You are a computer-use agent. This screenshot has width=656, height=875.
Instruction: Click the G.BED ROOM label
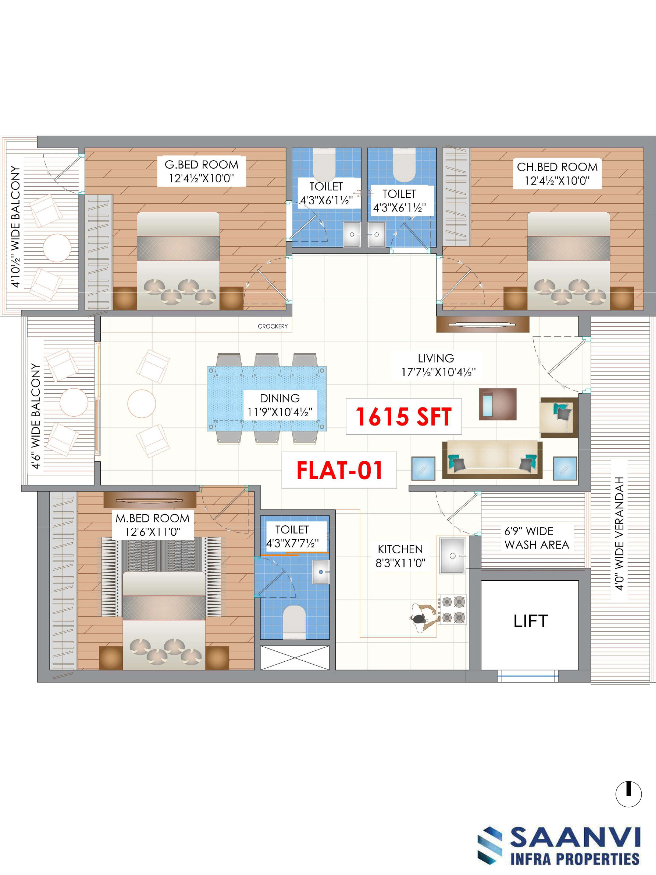(201, 164)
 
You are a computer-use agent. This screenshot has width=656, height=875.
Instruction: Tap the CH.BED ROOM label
(557, 167)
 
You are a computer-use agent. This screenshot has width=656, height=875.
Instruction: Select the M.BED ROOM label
(153, 518)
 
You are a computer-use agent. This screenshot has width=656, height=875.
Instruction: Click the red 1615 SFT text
(403, 417)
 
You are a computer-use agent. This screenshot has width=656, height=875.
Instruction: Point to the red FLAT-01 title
(339, 470)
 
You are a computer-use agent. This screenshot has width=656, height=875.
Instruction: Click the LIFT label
(531, 621)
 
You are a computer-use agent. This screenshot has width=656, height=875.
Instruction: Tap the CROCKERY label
(273, 326)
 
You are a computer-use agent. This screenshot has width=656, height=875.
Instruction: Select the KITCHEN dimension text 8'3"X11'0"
(400, 563)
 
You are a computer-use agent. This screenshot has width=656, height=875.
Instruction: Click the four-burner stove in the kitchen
(453, 609)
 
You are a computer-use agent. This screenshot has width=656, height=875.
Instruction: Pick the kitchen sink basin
(453, 555)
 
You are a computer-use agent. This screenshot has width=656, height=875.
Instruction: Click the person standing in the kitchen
(424, 618)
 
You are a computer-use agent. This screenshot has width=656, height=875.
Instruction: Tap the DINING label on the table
(279, 398)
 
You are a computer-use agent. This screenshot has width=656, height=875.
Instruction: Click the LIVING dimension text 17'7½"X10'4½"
(438, 372)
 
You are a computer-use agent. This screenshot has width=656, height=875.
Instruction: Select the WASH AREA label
(536, 545)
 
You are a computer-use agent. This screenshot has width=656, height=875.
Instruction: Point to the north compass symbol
(628, 794)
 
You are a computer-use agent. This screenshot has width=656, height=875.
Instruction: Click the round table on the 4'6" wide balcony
(74, 402)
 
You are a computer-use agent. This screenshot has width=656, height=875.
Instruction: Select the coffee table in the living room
(498, 404)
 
